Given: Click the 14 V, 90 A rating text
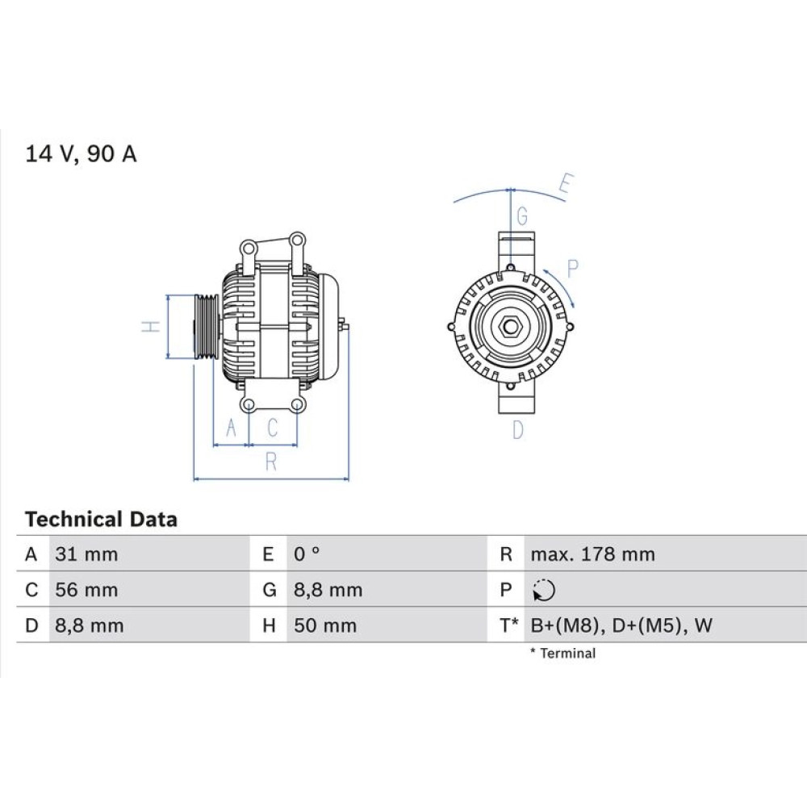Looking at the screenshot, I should point(81,154).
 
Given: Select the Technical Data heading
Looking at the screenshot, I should point(101,519).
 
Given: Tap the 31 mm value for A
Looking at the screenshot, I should point(86,554).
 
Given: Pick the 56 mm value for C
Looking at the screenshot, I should point(86,590).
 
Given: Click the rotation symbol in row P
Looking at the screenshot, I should point(544,592).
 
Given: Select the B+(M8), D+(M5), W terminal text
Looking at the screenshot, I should point(621,625).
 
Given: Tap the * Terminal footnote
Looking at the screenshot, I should point(562,654).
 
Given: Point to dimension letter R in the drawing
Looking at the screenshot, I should point(271,462).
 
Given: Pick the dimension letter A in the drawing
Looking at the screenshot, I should point(231,429).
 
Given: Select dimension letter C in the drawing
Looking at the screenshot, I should point(272,429).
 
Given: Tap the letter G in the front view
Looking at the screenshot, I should point(522,216).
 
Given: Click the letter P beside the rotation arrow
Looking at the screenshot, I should point(573,269).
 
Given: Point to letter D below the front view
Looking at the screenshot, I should point(518,430).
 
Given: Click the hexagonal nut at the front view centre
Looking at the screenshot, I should point(510,326).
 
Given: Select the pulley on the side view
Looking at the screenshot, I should point(207,326).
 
